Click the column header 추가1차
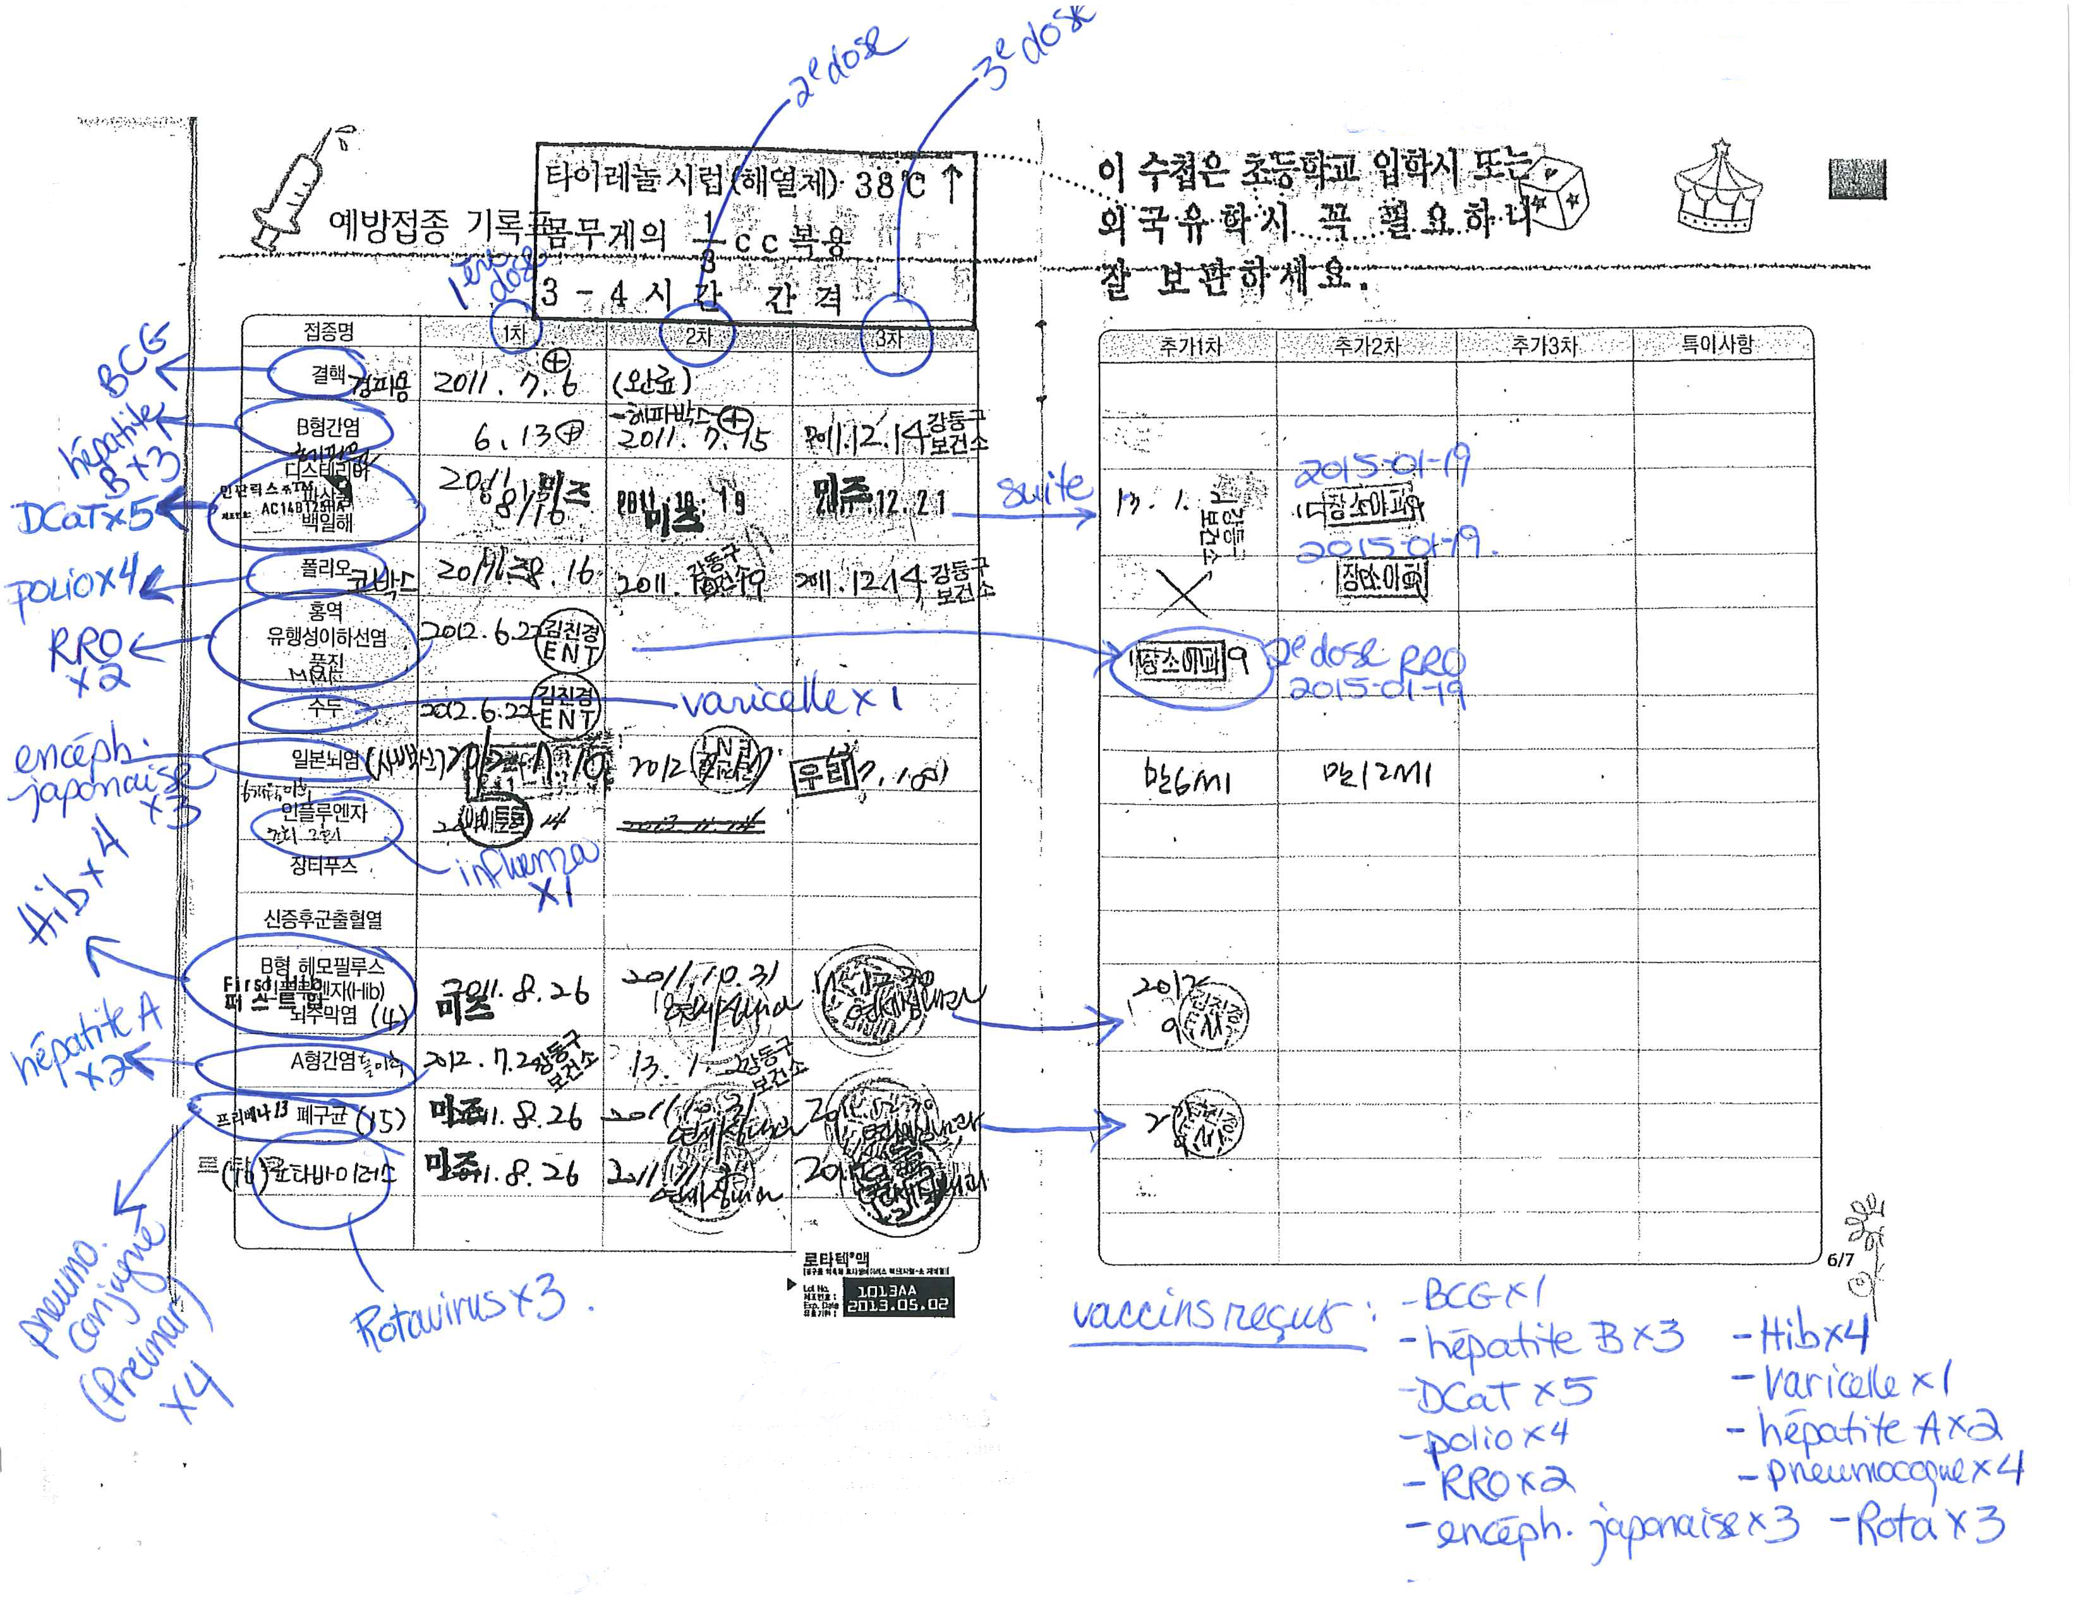pos(1190,346)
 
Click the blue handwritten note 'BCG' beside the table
pos(134,358)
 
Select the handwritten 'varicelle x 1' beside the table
pos(790,702)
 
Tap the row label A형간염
pos(323,1061)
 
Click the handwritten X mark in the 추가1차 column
pos(1182,592)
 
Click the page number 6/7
pos(1840,1260)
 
